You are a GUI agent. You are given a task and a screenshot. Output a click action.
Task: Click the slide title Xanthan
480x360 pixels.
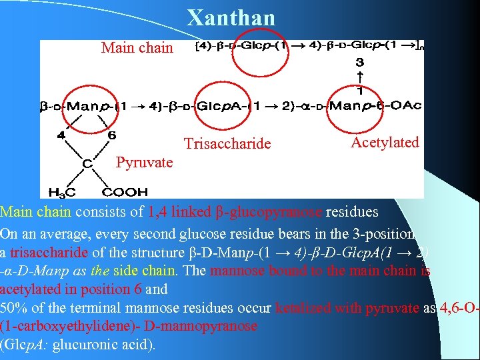[x=231, y=18]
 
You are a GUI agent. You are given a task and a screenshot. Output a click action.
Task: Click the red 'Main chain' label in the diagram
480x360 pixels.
[x=137, y=48]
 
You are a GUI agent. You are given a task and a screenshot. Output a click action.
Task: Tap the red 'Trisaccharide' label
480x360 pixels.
[x=227, y=144]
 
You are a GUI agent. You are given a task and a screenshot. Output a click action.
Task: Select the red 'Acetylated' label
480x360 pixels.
[x=385, y=142]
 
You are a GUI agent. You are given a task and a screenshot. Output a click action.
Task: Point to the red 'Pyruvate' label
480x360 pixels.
[x=144, y=163]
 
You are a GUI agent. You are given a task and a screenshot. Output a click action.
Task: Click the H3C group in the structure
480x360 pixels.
[x=62, y=192]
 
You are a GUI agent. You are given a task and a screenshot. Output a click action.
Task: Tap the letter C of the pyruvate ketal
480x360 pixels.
[x=87, y=162]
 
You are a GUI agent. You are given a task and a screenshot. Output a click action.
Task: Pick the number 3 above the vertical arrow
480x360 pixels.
[x=359, y=62]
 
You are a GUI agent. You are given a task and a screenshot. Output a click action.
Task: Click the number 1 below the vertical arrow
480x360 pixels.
[x=359, y=91]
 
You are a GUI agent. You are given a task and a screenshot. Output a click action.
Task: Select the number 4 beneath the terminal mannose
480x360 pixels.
[x=61, y=135]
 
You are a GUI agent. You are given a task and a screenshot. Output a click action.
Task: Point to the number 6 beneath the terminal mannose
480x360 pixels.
[x=111, y=135]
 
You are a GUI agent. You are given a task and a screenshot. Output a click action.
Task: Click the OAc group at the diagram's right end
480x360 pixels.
[x=405, y=105]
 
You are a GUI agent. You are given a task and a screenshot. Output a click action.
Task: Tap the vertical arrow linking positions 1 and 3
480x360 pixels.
[x=359, y=76]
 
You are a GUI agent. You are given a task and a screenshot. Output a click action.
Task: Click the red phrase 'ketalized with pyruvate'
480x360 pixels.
[x=347, y=309]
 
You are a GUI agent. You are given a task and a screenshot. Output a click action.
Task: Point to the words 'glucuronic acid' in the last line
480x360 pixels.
[x=107, y=345]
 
